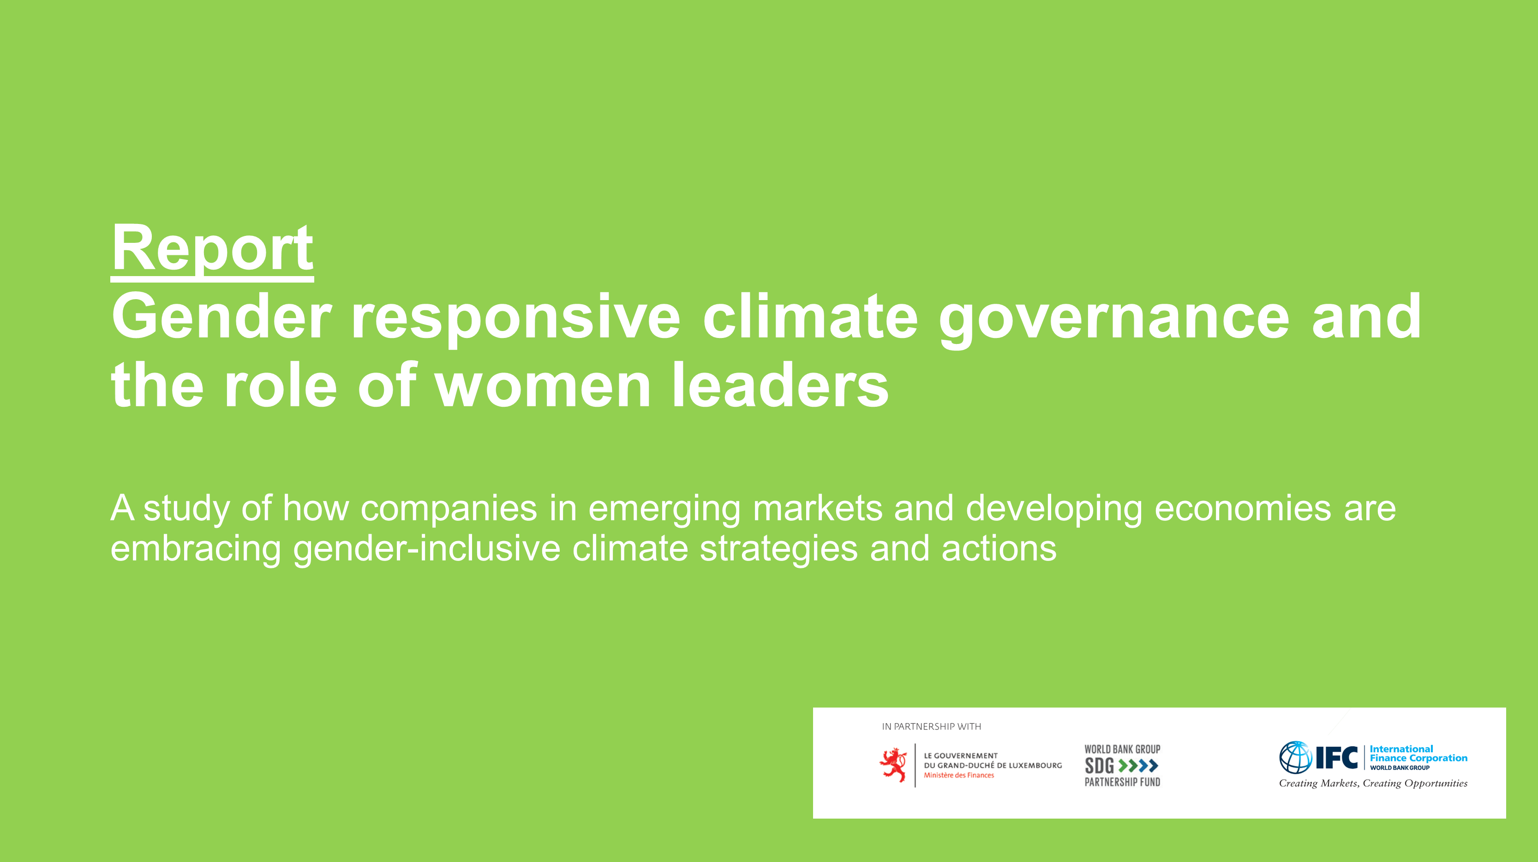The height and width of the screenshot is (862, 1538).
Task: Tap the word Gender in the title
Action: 221,317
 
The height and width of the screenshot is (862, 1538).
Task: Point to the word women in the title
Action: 543,386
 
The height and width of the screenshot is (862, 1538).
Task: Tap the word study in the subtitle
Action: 186,509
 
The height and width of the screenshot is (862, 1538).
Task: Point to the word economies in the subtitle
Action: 1243,509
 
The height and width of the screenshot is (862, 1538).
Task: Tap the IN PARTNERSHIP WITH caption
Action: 931,726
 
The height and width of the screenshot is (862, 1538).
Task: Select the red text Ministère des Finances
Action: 959,775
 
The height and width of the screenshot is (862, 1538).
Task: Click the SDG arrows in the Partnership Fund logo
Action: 1138,765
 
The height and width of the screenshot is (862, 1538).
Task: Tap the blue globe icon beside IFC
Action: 1295,758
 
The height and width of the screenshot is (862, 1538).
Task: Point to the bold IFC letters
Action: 1337,758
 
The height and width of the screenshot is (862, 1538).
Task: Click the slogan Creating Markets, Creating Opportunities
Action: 1373,783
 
